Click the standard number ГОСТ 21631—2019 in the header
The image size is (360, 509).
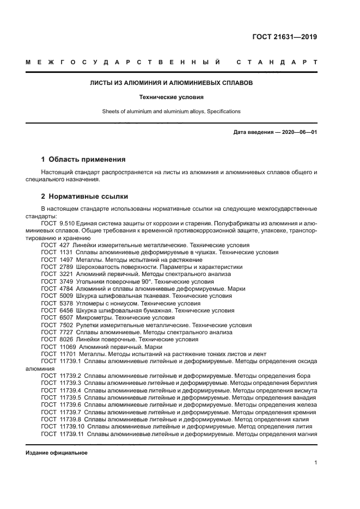click(x=285, y=37)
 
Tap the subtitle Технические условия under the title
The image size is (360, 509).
click(x=172, y=97)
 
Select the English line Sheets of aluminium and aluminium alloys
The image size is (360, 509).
click(x=171, y=112)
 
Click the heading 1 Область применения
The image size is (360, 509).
click(x=83, y=160)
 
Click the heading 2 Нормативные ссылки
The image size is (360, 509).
click(x=84, y=196)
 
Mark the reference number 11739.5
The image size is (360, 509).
click(x=72, y=397)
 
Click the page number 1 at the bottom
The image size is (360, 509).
click(x=315, y=463)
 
